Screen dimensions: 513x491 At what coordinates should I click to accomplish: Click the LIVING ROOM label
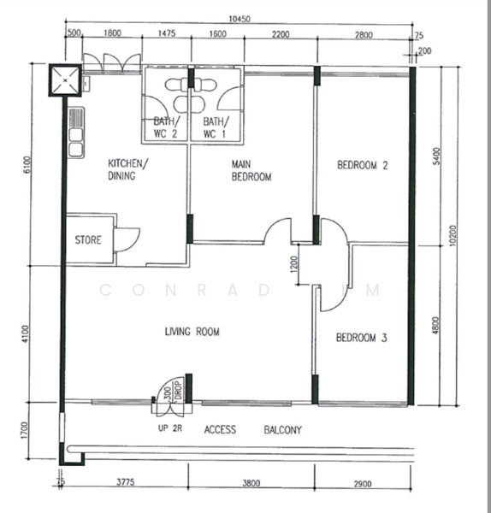[192, 332]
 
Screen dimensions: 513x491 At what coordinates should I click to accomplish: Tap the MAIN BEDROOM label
[251, 171]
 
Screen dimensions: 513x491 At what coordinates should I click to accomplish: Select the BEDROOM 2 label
[362, 166]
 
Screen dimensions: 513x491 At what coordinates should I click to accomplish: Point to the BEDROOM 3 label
[362, 338]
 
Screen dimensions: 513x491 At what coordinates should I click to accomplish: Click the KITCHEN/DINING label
[127, 169]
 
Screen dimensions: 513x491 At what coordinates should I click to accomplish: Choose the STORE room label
[87, 240]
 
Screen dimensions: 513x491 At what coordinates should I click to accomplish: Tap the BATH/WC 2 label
[166, 127]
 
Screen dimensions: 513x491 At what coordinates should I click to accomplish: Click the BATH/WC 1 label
[215, 127]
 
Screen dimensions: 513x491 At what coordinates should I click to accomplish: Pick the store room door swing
[127, 238]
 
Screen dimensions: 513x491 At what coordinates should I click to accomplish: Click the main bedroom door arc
[278, 230]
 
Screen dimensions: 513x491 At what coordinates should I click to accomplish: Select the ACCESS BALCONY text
[251, 430]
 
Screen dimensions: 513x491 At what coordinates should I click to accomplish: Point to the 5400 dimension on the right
[438, 156]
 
